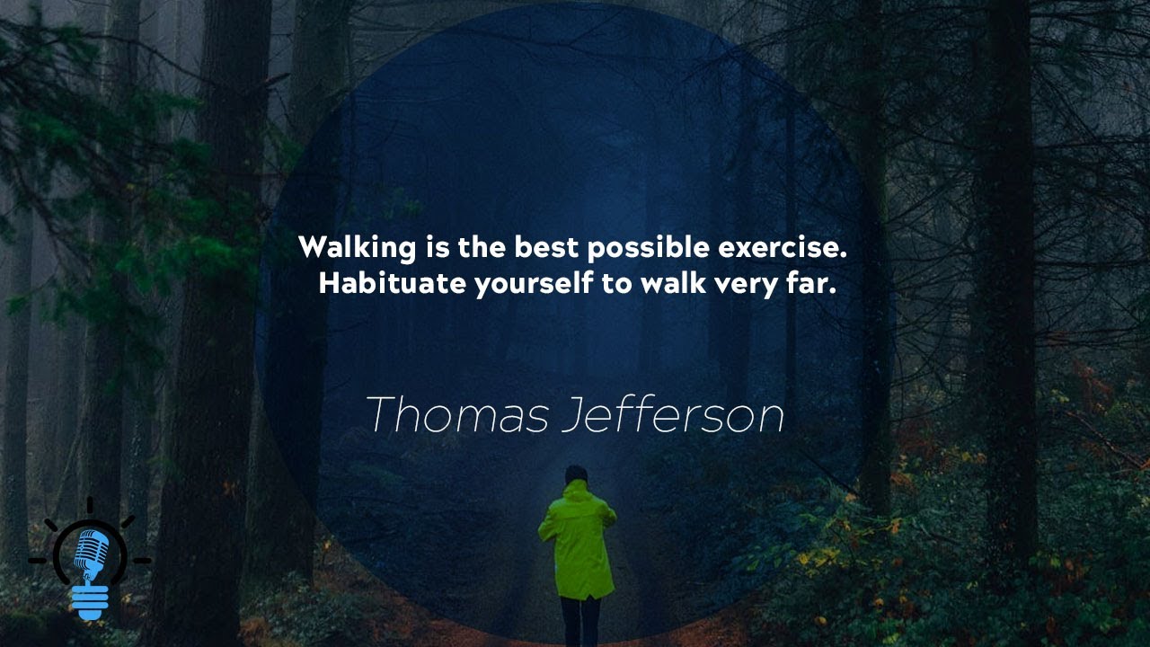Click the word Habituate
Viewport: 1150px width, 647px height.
(x=392, y=284)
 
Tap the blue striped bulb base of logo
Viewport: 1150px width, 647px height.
(x=90, y=601)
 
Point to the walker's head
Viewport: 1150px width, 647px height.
(x=576, y=475)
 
